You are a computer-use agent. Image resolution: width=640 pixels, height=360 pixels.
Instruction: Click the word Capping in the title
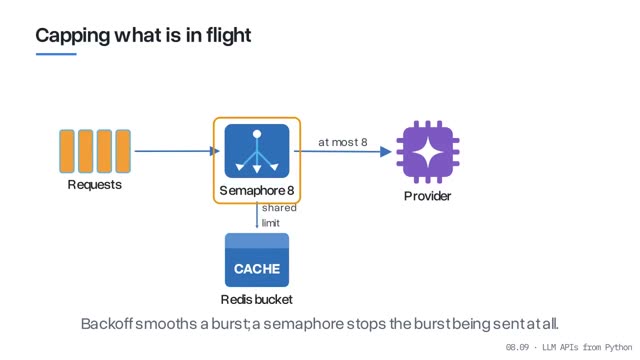tap(73, 36)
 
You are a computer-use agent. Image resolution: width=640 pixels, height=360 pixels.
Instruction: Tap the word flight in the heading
tap(228, 36)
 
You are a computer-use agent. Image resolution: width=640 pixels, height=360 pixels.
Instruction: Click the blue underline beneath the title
tap(56, 54)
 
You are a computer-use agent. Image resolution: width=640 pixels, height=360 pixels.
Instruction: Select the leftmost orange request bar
tap(67, 151)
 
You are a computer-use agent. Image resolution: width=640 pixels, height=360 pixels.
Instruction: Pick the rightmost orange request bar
tap(123, 151)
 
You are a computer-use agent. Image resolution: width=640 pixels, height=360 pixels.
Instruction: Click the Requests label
tap(95, 184)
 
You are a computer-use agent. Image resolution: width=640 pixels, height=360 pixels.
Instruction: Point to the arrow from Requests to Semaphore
tap(177, 151)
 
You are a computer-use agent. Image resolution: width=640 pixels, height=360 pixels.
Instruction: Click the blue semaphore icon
tap(257, 151)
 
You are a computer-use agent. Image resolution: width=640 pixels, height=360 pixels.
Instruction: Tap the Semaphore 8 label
tap(257, 190)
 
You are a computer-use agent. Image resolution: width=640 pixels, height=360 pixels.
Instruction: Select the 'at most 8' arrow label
tap(343, 142)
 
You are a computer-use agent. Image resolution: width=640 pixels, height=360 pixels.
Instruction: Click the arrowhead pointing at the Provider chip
tap(386, 152)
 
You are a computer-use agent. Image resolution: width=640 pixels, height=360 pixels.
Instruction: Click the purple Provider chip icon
tap(428, 152)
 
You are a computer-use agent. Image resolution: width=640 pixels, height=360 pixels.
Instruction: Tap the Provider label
tap(427, 196)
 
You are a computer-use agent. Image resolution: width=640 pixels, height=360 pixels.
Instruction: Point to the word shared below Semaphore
tap(279, 208)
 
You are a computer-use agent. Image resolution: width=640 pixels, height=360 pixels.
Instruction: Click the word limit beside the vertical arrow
tap(271, 223)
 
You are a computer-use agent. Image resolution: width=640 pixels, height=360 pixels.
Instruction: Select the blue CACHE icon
tap(257, 260)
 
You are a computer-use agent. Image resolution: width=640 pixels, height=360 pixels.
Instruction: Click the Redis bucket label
tap(257, 300)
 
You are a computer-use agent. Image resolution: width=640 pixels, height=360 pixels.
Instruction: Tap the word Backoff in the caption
tap(107, 324)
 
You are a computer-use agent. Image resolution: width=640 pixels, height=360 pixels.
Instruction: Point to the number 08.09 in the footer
tap(517, 347)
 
